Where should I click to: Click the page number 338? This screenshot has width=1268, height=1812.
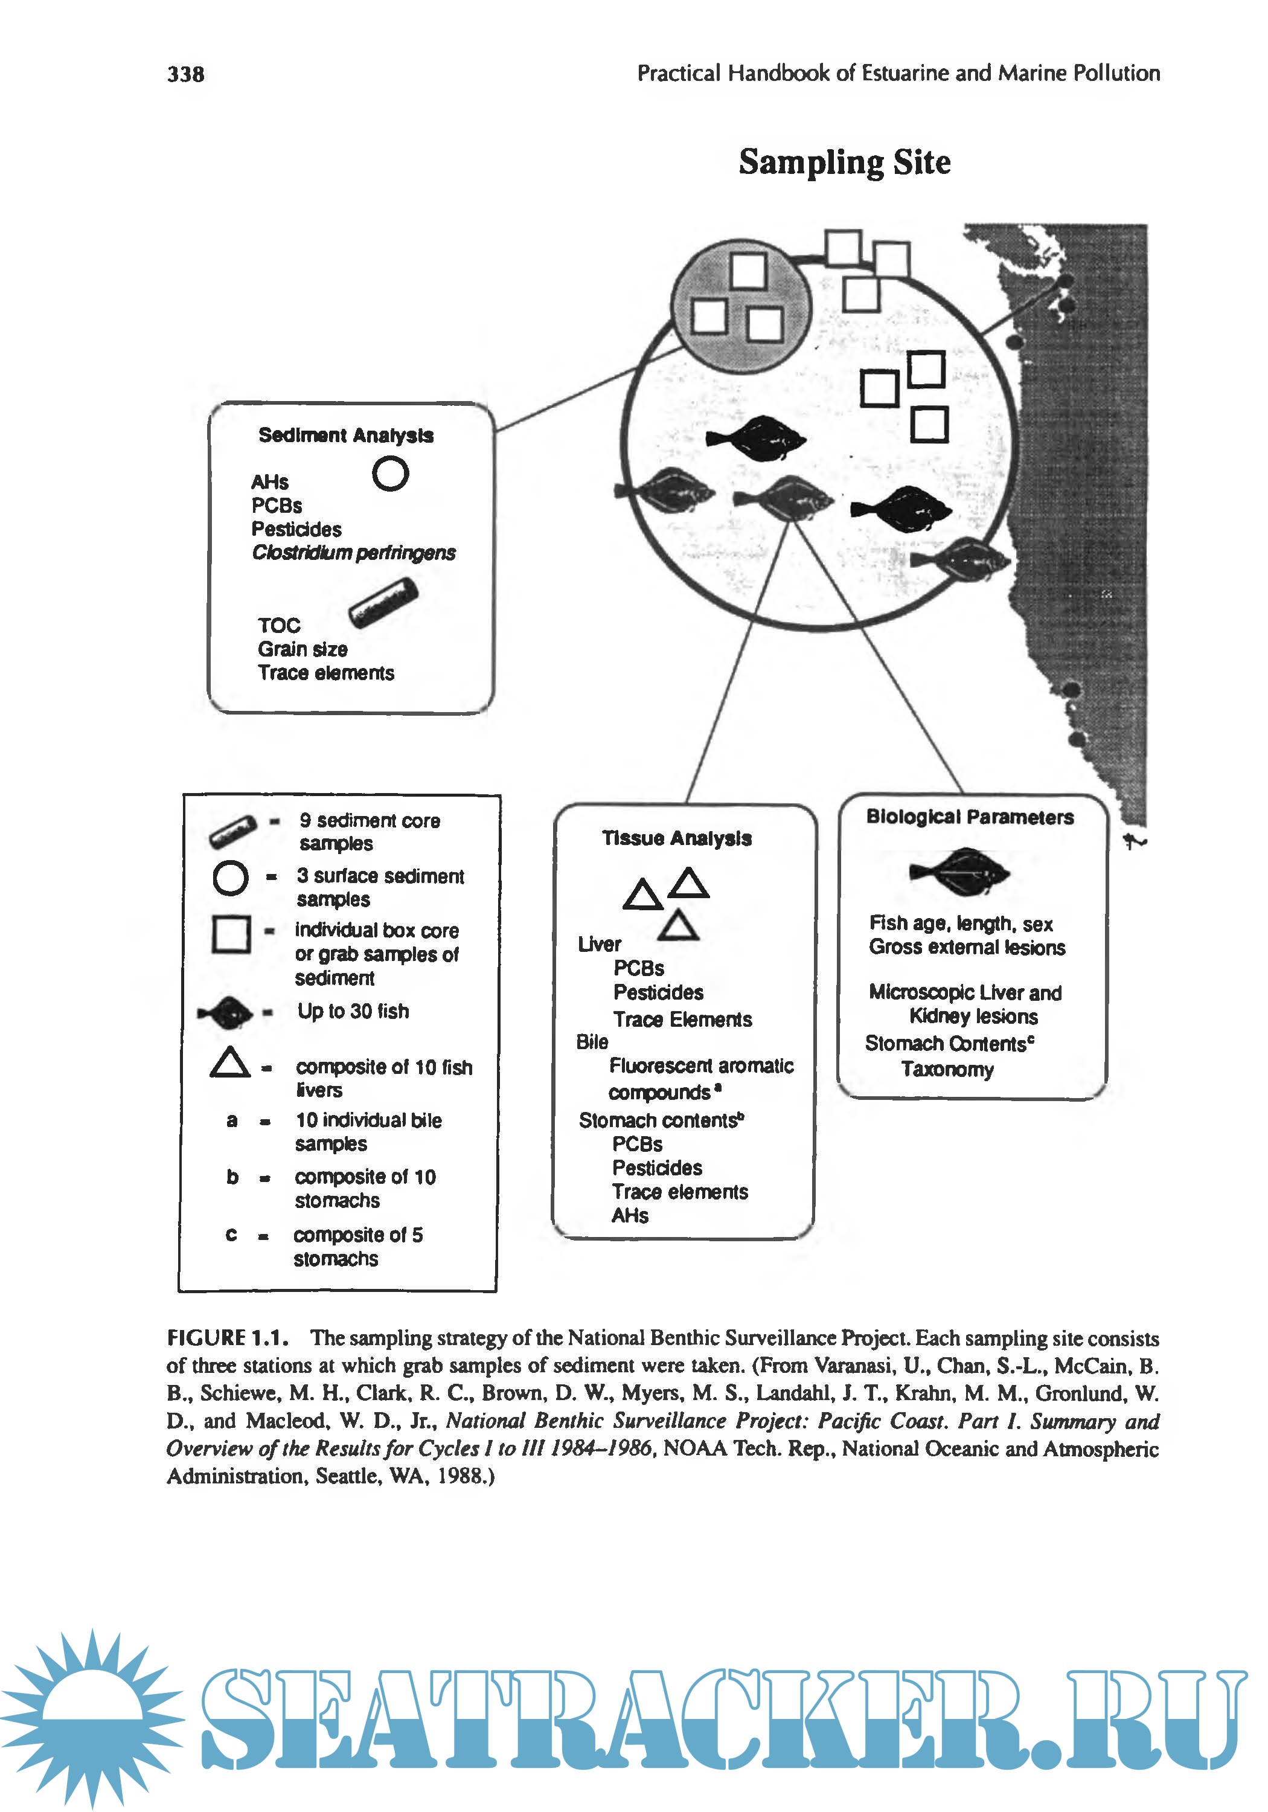[x=185, y=74]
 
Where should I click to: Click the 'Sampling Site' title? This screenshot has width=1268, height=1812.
[x=844, y=162]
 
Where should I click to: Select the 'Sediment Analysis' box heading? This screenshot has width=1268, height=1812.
[x=345, y=435]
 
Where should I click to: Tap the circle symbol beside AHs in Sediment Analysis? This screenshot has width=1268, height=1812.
[x=390, y=474]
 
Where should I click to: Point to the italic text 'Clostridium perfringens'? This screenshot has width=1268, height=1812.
[x=353, y=553]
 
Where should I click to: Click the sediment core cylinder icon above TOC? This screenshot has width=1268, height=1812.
[x=383, y=603]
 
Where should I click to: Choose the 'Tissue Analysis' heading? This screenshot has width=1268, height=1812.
[x=676, y=838]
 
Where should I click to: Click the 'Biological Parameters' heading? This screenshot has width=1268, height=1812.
[x=970, y=817]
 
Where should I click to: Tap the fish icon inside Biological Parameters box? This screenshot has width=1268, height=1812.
[x=959, y=872]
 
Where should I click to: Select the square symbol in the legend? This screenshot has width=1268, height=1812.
[x=231, y=934]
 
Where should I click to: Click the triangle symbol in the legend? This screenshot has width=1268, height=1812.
[x=229, y=1062]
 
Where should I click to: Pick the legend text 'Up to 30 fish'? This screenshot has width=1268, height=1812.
[x=353, y=1011]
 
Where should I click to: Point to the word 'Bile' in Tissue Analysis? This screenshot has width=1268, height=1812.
[x=592, y=1042]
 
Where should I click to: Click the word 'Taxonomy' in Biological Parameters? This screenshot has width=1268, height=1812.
[x=947, y=1069]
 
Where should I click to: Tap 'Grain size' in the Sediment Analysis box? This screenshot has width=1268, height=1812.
[x=302, y=649]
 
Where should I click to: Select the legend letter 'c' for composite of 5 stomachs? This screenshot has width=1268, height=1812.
[x=231, y=1235]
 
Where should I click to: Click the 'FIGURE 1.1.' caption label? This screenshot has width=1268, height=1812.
[x=227, y=1338]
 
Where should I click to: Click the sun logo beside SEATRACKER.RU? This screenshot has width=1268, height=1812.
[x=93, y=1716]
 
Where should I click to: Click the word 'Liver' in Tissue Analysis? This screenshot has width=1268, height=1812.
[x=599, y=944]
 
